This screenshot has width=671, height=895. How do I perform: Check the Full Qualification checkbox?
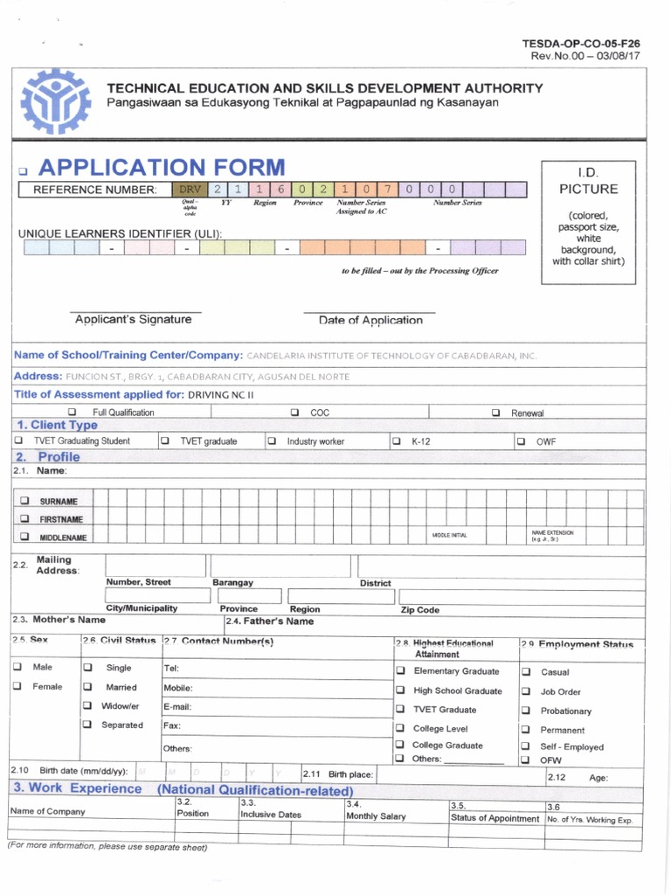(73, 413)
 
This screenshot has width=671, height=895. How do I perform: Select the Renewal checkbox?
(495, 413)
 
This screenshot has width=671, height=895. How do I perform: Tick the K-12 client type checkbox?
(397, 441)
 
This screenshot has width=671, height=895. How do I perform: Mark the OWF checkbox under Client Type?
(521, 441)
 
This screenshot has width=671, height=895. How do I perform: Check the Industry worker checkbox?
(272, 441)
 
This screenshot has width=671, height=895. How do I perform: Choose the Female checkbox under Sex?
(18, 686)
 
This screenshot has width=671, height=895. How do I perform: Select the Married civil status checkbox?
(87, 687)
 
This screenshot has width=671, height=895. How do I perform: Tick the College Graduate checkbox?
(400, 746)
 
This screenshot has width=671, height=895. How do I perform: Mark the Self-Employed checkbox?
(526, 746)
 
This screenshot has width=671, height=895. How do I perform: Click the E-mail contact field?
(275, 706)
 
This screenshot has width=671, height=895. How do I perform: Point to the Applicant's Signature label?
(133, 320)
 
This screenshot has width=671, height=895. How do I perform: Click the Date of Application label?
(370, 321)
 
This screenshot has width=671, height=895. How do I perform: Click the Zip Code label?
(419, 610)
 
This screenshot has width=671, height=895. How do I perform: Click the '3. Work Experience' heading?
(77, 788)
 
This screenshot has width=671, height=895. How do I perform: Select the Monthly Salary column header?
(376, 816)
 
